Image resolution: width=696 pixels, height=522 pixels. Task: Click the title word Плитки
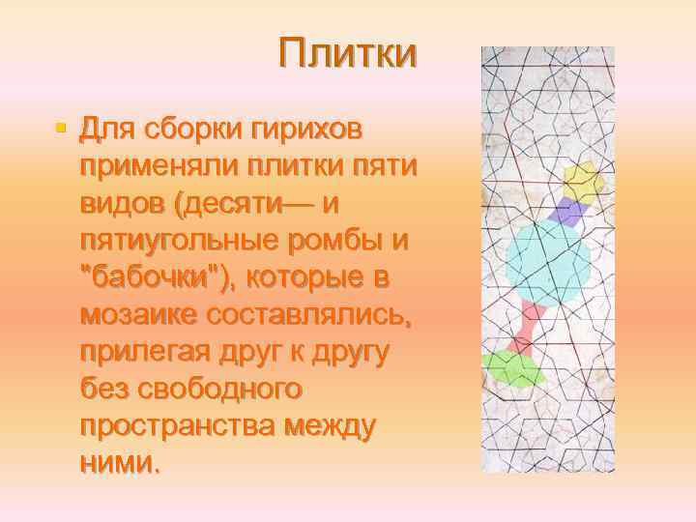tap(347, 53)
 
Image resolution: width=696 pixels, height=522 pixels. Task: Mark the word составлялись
tap(296, 315)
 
